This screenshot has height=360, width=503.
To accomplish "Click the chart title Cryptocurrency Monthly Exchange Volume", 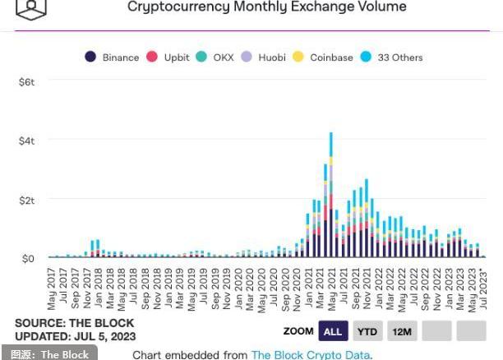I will (x=266, y=7).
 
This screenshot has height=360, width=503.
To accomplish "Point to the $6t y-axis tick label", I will (x=26, y=82).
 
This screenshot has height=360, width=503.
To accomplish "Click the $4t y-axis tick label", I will (x=26, y=141).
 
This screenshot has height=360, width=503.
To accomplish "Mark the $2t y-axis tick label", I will (x=26, y=200).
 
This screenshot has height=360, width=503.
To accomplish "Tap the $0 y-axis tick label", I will (x=28, y=258).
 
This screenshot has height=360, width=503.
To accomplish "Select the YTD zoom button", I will (x=367, y=331).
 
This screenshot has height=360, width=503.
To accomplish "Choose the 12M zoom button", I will (x=401, y=331).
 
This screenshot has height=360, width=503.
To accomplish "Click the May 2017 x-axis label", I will (x=51, y=288).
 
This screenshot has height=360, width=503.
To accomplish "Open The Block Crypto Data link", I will (x=311, y=354).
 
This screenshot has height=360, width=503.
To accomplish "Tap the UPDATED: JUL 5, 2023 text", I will (x=75, y=336).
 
